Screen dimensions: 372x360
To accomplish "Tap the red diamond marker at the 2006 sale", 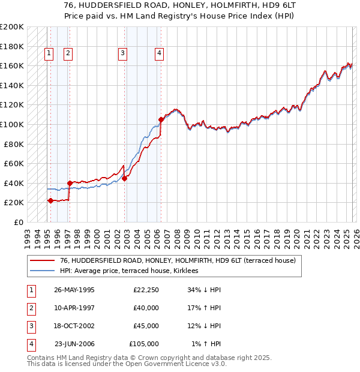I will coord(161,120).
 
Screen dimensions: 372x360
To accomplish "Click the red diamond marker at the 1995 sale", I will coord(50,200).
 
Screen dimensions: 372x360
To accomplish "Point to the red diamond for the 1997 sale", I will coord(70,183).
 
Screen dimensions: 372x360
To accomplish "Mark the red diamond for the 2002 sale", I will coord(124,178).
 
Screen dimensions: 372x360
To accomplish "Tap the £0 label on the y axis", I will coord(18,222).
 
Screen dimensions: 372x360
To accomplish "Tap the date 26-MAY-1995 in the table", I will coord(74,290).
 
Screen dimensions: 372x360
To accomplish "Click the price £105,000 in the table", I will coord(144,344).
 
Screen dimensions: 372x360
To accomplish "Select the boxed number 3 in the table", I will coord(31,326).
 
